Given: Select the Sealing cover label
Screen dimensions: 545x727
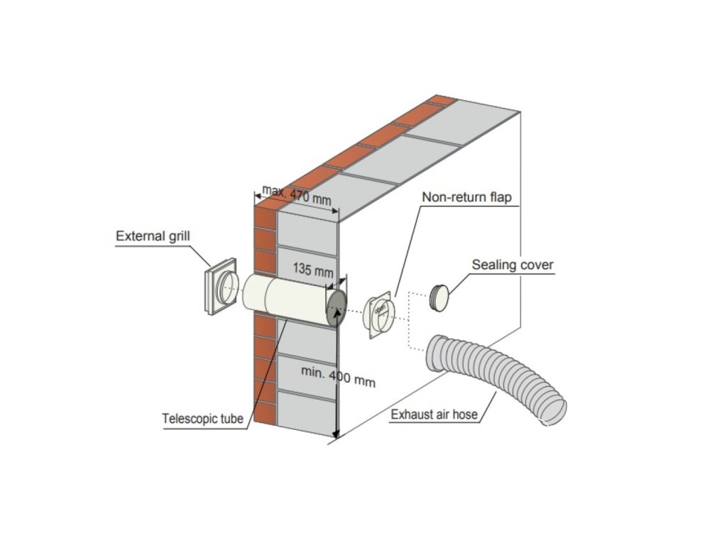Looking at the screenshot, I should [x=513, y=265].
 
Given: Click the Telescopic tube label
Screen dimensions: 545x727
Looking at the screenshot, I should [x=203, y=419].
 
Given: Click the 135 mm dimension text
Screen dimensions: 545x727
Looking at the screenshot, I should [x=313, y=271].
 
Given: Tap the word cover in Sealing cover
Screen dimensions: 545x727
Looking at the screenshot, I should [x=536, y=265].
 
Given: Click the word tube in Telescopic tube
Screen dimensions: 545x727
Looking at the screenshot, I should [x=231, y=419].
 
